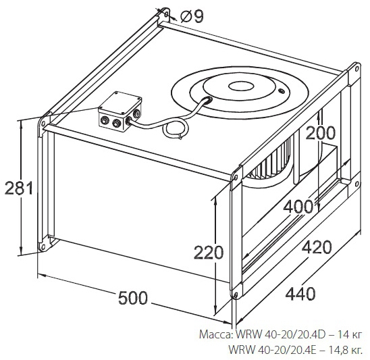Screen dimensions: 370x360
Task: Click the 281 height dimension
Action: [x=19, y=188]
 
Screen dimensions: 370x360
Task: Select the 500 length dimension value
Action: [x=133, y=298]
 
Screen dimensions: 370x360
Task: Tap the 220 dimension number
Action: [x=209, y=253]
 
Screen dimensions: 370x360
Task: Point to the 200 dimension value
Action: [x=320, y=132]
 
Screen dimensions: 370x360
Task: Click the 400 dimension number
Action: [x=298, y=207]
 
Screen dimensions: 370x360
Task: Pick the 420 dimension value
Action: [x=317, y=247]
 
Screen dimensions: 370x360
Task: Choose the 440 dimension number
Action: [x=300, y=294]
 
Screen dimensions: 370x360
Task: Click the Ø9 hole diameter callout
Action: [x=192, y=17]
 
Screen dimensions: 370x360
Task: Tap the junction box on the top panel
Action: [x=120, y=111]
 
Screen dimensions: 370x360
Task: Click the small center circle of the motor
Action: [x=241, y=86]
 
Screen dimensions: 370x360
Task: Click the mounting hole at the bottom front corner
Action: [x=236, y=294]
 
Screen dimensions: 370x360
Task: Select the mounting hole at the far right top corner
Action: [x=356, y=69]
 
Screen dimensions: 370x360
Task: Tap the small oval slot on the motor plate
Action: [x=282, y=91]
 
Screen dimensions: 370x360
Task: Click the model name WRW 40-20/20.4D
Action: [x=281, y=334]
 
